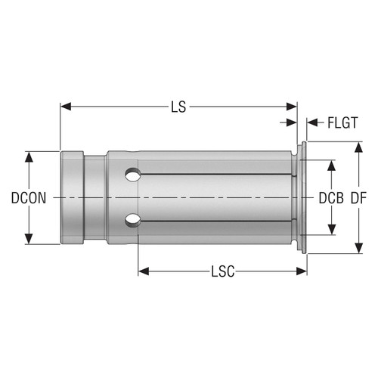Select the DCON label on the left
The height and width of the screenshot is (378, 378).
click(29, 198)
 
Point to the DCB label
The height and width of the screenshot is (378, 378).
click(330, 198)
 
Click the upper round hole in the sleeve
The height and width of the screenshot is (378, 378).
click(132, 175)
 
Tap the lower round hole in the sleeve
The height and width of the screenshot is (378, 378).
click(132, 220)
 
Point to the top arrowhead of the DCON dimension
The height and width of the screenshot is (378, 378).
click(29, 156)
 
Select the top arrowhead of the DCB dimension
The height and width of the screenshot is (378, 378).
click(330, 164)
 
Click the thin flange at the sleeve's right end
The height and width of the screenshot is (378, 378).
click(304, 198)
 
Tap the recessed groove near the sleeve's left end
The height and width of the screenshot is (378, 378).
click(94, 198)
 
